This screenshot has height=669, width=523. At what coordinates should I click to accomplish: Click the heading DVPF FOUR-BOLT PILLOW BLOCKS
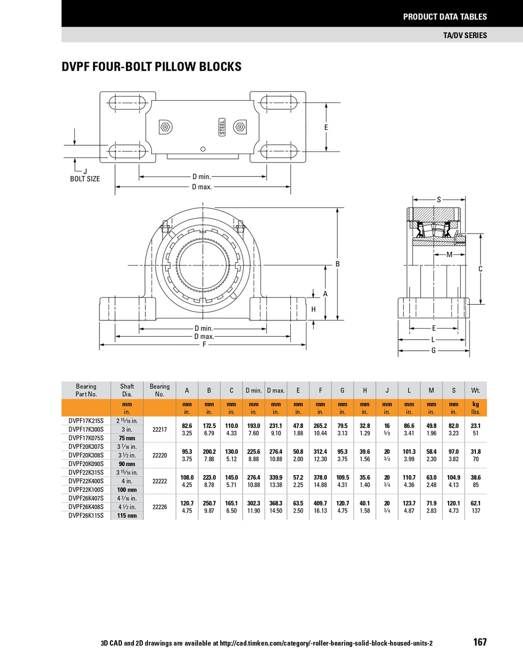[x=152, y=67]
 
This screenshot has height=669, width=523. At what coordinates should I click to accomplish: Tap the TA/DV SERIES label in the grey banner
[x=464, y=35]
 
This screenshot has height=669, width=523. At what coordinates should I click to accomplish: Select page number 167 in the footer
[x=480, y=642]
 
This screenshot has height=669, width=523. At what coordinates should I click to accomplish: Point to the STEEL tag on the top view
[x=222, y=127]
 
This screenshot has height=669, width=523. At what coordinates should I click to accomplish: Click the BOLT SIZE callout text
[x=85, y=179]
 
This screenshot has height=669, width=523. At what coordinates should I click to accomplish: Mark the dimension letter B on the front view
[x=337, y=264]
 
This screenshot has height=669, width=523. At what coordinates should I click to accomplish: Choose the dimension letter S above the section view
[x=439, y=199]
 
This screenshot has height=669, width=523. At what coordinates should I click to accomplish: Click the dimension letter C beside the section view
[x=480, y=269]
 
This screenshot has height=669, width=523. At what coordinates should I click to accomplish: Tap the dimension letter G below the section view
[x=434, y=351]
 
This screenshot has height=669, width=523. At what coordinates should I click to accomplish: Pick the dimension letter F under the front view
[x=204, y=344]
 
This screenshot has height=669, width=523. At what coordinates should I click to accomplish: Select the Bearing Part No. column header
[x=86, y=390]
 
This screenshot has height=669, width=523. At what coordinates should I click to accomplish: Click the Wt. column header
[x=475, y=390]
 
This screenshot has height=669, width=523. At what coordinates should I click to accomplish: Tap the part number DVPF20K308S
[x=86, y=455]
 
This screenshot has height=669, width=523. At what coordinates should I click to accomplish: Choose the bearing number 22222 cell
[x=160, y=481]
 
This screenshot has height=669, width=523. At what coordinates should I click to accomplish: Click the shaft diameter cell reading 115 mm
[x=127, y=515]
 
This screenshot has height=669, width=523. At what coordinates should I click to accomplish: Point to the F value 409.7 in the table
[x=320, y=503]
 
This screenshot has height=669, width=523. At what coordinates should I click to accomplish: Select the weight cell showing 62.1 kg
[x=475, y=503]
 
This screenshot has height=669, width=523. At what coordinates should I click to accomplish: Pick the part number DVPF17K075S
[x=86, y=438]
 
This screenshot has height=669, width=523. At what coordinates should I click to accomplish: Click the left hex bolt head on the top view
[x=165, y=127]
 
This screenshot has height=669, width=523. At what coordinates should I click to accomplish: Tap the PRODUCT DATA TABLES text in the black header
[x=445, y=17]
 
